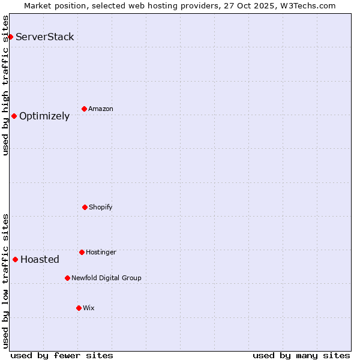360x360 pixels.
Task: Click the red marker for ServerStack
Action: pyautogui.click(x=10, y=37)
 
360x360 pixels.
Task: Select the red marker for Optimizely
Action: pyautogui.click(x=14, y=116)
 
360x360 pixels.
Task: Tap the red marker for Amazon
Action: pyautogui.click(x=84, y=109)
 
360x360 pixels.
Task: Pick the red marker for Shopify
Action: pyautogui.click(x=85, y=207)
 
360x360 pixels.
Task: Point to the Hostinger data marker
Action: pyautogui.click(x=82, y=252)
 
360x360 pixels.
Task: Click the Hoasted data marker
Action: pyautogui.click(x=15, y=259)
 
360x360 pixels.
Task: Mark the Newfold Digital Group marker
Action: pyautogui.click(x=67, y=278)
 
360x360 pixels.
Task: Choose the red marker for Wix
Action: pyautogui.click(x=79, y=308)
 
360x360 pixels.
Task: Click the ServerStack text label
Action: pyautogui.click(x=45, y=37)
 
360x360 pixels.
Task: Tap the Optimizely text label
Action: pyautogui.click(x=44, y=116)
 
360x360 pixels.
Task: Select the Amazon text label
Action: pyautogui.click(x=101, y=109)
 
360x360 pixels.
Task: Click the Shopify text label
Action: pyautogui.click(x=101, y=208)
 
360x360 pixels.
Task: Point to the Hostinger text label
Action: pyautogui.click(x=101, y=253)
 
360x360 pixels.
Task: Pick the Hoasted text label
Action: pyautogui.click(x=40, y=260)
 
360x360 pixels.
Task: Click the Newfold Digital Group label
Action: pyautogui.click(x=106, y=278)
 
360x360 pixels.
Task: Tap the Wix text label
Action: pyautogui.click(x=89, y=308)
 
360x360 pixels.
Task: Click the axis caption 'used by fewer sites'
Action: pyautogui.click(x=62, y=355)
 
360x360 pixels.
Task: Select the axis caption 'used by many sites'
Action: pyautogui.click(x=301, y=355)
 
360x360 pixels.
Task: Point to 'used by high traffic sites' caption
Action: pyautogui.click(x=5, y=85)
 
